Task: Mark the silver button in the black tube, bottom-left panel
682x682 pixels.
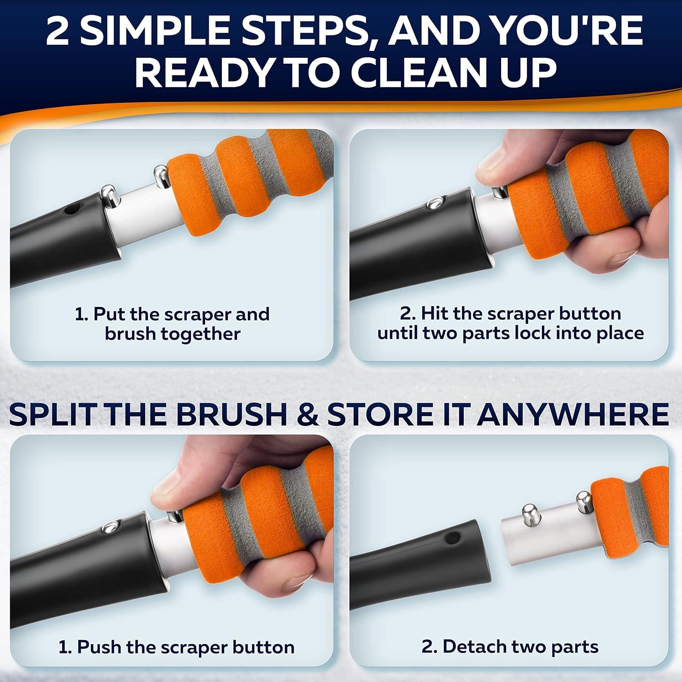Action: pos(109,527)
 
